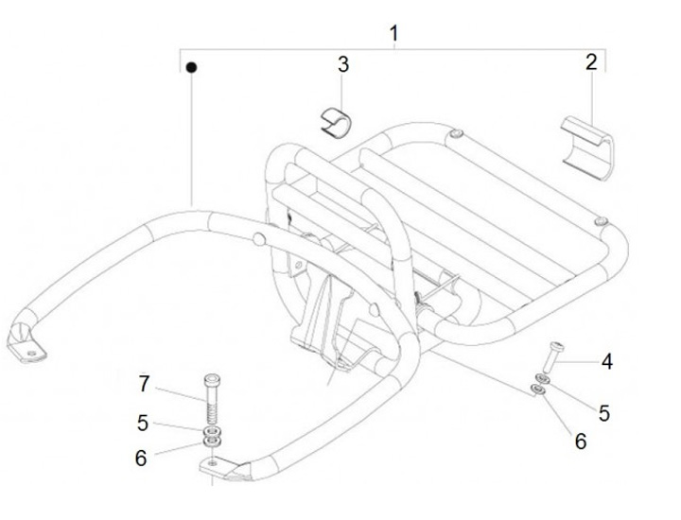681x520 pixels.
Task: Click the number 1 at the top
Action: point(393,34)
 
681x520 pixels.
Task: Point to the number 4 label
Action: point(606,361)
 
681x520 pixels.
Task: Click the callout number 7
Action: point(144,384)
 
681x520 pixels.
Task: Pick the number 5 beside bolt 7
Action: point(143,424)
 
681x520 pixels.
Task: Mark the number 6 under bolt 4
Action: point(581,441)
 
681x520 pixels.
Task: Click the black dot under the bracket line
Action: point(191,68)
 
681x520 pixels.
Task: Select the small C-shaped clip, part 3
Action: point(332,122)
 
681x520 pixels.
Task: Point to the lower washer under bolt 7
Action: point(213,442)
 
